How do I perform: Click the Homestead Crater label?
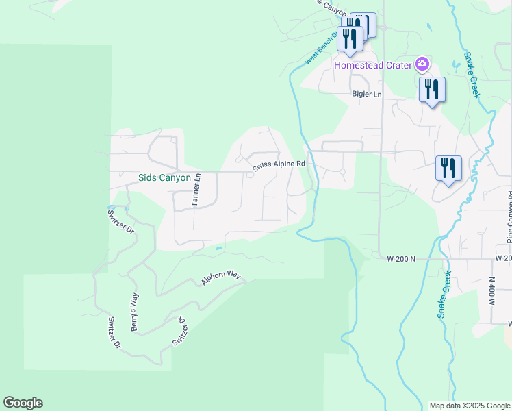pos(373,65)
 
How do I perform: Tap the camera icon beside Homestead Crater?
pos(422,64)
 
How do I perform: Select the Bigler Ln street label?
pos(366,94)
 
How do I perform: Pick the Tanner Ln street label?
pos(196,190)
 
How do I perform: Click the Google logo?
pos(23,403)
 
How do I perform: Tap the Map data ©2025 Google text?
pos(469,406)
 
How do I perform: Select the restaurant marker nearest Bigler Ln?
pos(432,90)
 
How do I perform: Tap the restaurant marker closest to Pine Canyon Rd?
pos(448,169)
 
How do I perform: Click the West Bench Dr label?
pos(322,48)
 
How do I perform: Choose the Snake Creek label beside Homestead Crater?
pos(472,75)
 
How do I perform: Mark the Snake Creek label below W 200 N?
pos(444,295)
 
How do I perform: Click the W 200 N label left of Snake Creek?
pos(401,259)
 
